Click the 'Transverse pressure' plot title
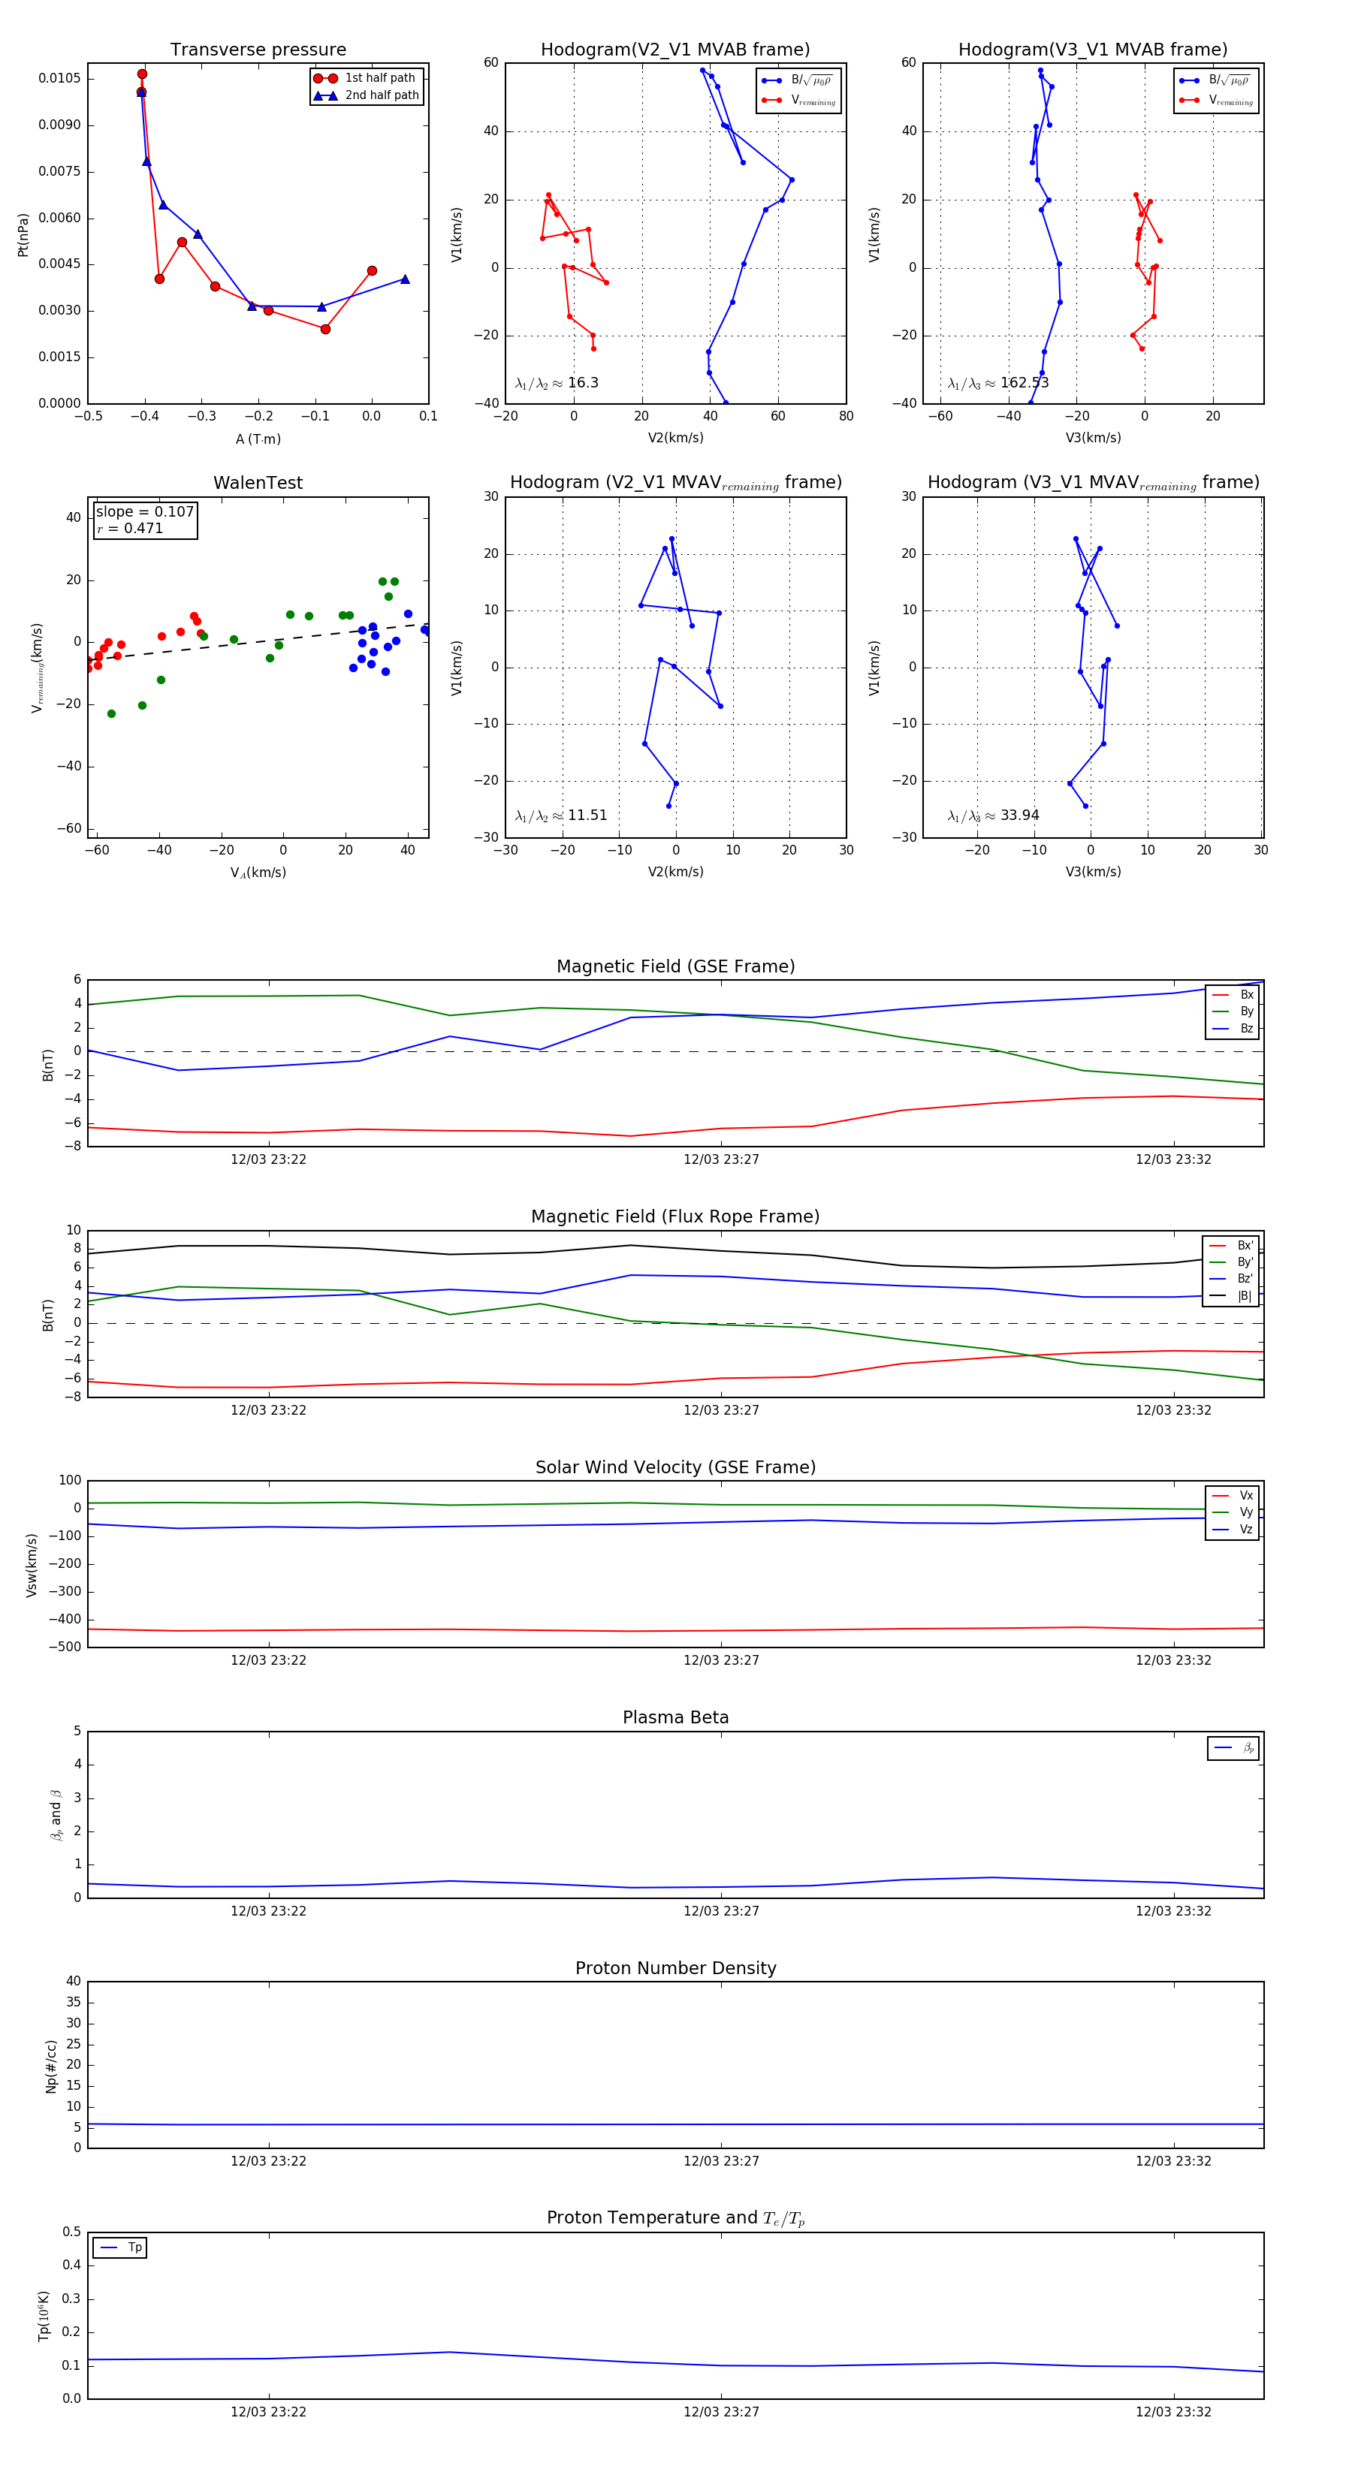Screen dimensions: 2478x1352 coord(258,50)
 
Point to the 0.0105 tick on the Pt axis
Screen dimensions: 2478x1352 coord(59,78)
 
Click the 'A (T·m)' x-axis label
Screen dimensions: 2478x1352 coord(258,439)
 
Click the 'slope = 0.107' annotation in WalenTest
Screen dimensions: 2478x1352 coord(144,512)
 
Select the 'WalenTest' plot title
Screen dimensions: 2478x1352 coord(258,483)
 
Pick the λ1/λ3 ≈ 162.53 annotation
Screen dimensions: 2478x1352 coord(998,383)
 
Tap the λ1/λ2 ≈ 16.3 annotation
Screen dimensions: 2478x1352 coord(556,383)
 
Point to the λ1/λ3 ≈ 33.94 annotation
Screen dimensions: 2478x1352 coord(993,815)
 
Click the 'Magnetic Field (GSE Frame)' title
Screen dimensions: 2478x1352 coord(675,966)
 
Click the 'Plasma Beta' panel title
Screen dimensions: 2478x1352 coord(675,1717)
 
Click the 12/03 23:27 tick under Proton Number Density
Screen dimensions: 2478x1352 coord(721,2160)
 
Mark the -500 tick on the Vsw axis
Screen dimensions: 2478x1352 coord(65,1647)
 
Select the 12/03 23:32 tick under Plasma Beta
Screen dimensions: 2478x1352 coord(1173,1910)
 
